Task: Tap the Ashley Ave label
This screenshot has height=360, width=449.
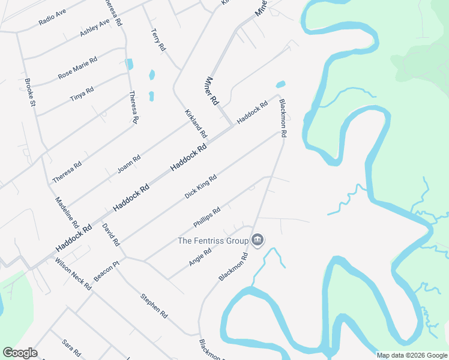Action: [95, 28]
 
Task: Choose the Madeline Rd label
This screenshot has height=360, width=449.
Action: [67, 212]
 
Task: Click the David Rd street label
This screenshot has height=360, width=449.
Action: [111, 235]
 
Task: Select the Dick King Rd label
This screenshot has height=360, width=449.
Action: [200, 187]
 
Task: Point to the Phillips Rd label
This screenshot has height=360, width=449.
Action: [207, 217]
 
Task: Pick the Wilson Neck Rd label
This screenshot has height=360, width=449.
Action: [73, 274]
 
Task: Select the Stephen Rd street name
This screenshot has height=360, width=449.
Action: [154, 306]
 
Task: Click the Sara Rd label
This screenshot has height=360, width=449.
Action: [71, 347]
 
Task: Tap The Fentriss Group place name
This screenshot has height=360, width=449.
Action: [212, 241]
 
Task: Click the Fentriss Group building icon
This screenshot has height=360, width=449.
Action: [258, 241]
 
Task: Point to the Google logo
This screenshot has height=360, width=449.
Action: [20, 353]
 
